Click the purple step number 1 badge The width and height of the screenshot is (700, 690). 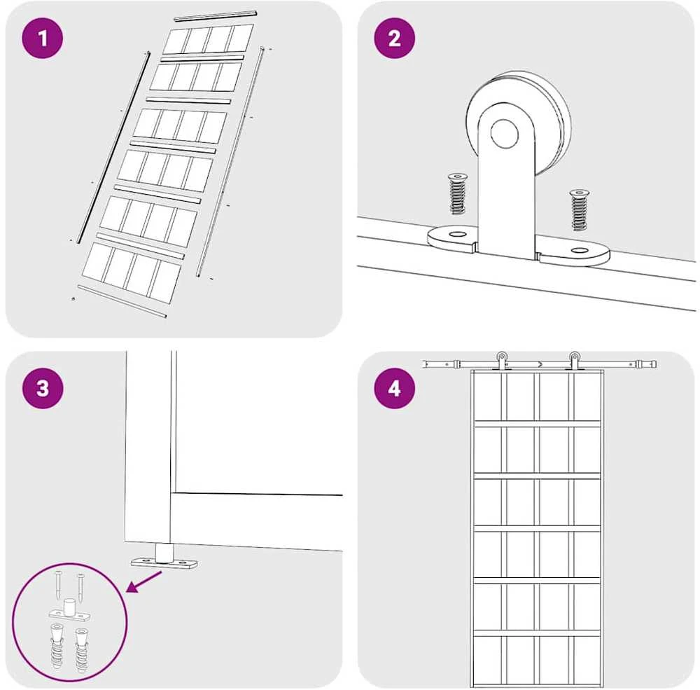43,39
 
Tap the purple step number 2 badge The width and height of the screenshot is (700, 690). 394,39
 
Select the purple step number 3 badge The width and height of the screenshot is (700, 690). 43,388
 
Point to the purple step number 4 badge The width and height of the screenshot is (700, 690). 394,388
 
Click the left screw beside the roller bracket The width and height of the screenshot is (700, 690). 456,193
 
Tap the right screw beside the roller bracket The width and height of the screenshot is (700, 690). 580,209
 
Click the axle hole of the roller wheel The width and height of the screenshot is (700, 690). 505,134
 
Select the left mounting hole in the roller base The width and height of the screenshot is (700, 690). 456,234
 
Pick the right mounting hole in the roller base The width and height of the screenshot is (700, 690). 580,251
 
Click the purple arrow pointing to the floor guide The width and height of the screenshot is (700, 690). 145,582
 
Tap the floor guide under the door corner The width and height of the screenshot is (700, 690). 164,557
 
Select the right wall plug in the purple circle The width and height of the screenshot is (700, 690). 81,650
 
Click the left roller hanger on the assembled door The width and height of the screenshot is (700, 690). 502,361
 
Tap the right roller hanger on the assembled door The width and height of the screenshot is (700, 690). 574,361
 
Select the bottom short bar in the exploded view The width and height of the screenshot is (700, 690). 122,302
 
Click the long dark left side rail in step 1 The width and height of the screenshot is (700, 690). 114,149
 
